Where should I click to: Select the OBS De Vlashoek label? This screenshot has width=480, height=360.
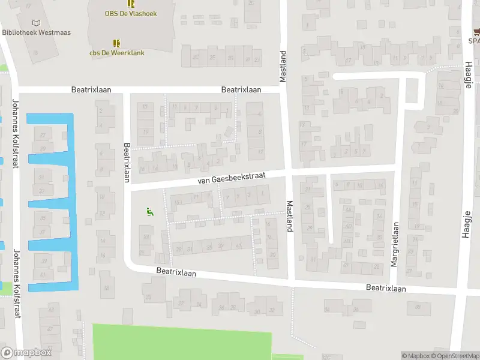coord(131,13)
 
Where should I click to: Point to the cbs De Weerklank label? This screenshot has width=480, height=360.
coord(117,53)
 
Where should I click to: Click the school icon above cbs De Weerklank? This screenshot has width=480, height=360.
coord(116,43)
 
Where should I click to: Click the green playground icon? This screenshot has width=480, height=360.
coord(148,211)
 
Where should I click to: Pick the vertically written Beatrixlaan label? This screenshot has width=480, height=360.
coord(127,162)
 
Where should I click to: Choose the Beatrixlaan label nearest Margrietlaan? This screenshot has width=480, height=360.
coord(386,289)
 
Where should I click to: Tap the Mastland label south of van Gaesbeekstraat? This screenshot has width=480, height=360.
coord(289,215)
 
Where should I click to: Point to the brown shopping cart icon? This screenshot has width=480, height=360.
coord(476,31)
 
